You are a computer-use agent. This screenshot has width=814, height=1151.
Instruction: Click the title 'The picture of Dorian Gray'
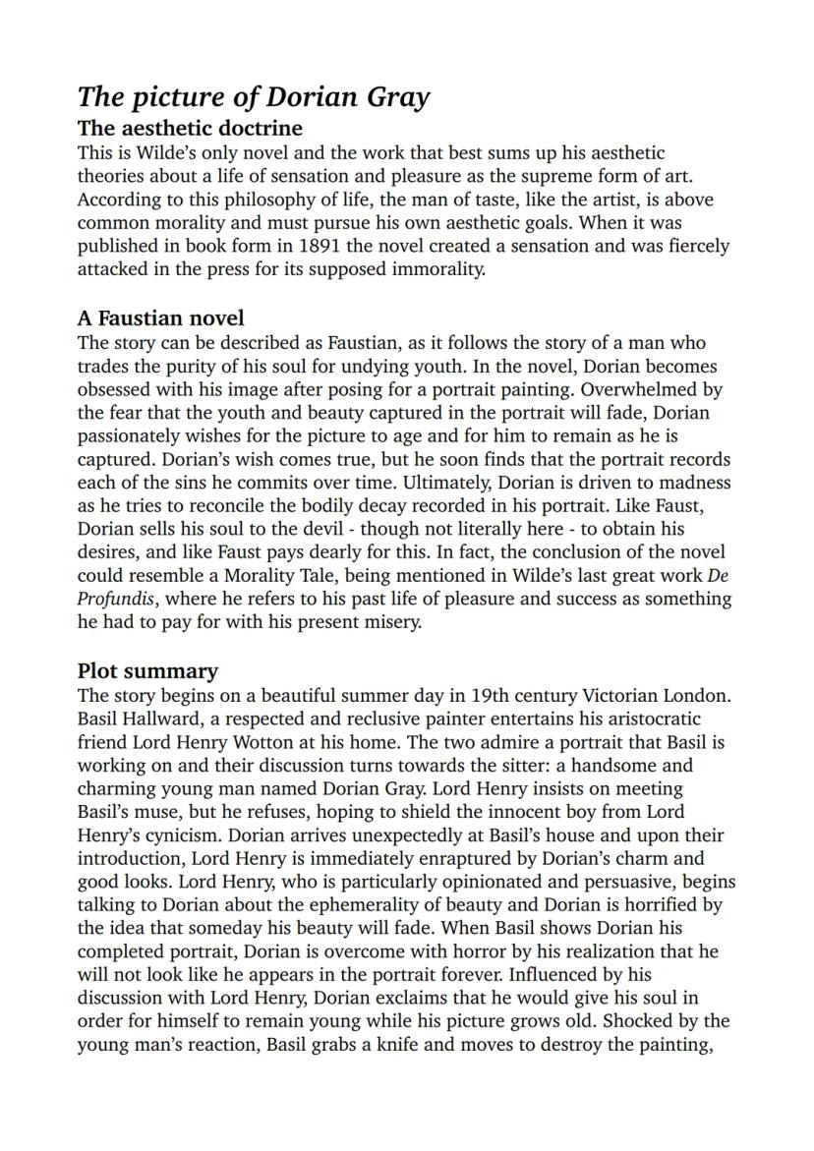[254, 97]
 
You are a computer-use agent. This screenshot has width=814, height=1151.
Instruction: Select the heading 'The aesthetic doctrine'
[190, 129]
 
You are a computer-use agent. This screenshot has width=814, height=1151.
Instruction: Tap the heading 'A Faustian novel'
[161, 318]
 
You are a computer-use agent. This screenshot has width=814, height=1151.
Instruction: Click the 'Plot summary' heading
[147, 671]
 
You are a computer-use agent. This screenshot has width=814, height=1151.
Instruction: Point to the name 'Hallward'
[158, 719]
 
